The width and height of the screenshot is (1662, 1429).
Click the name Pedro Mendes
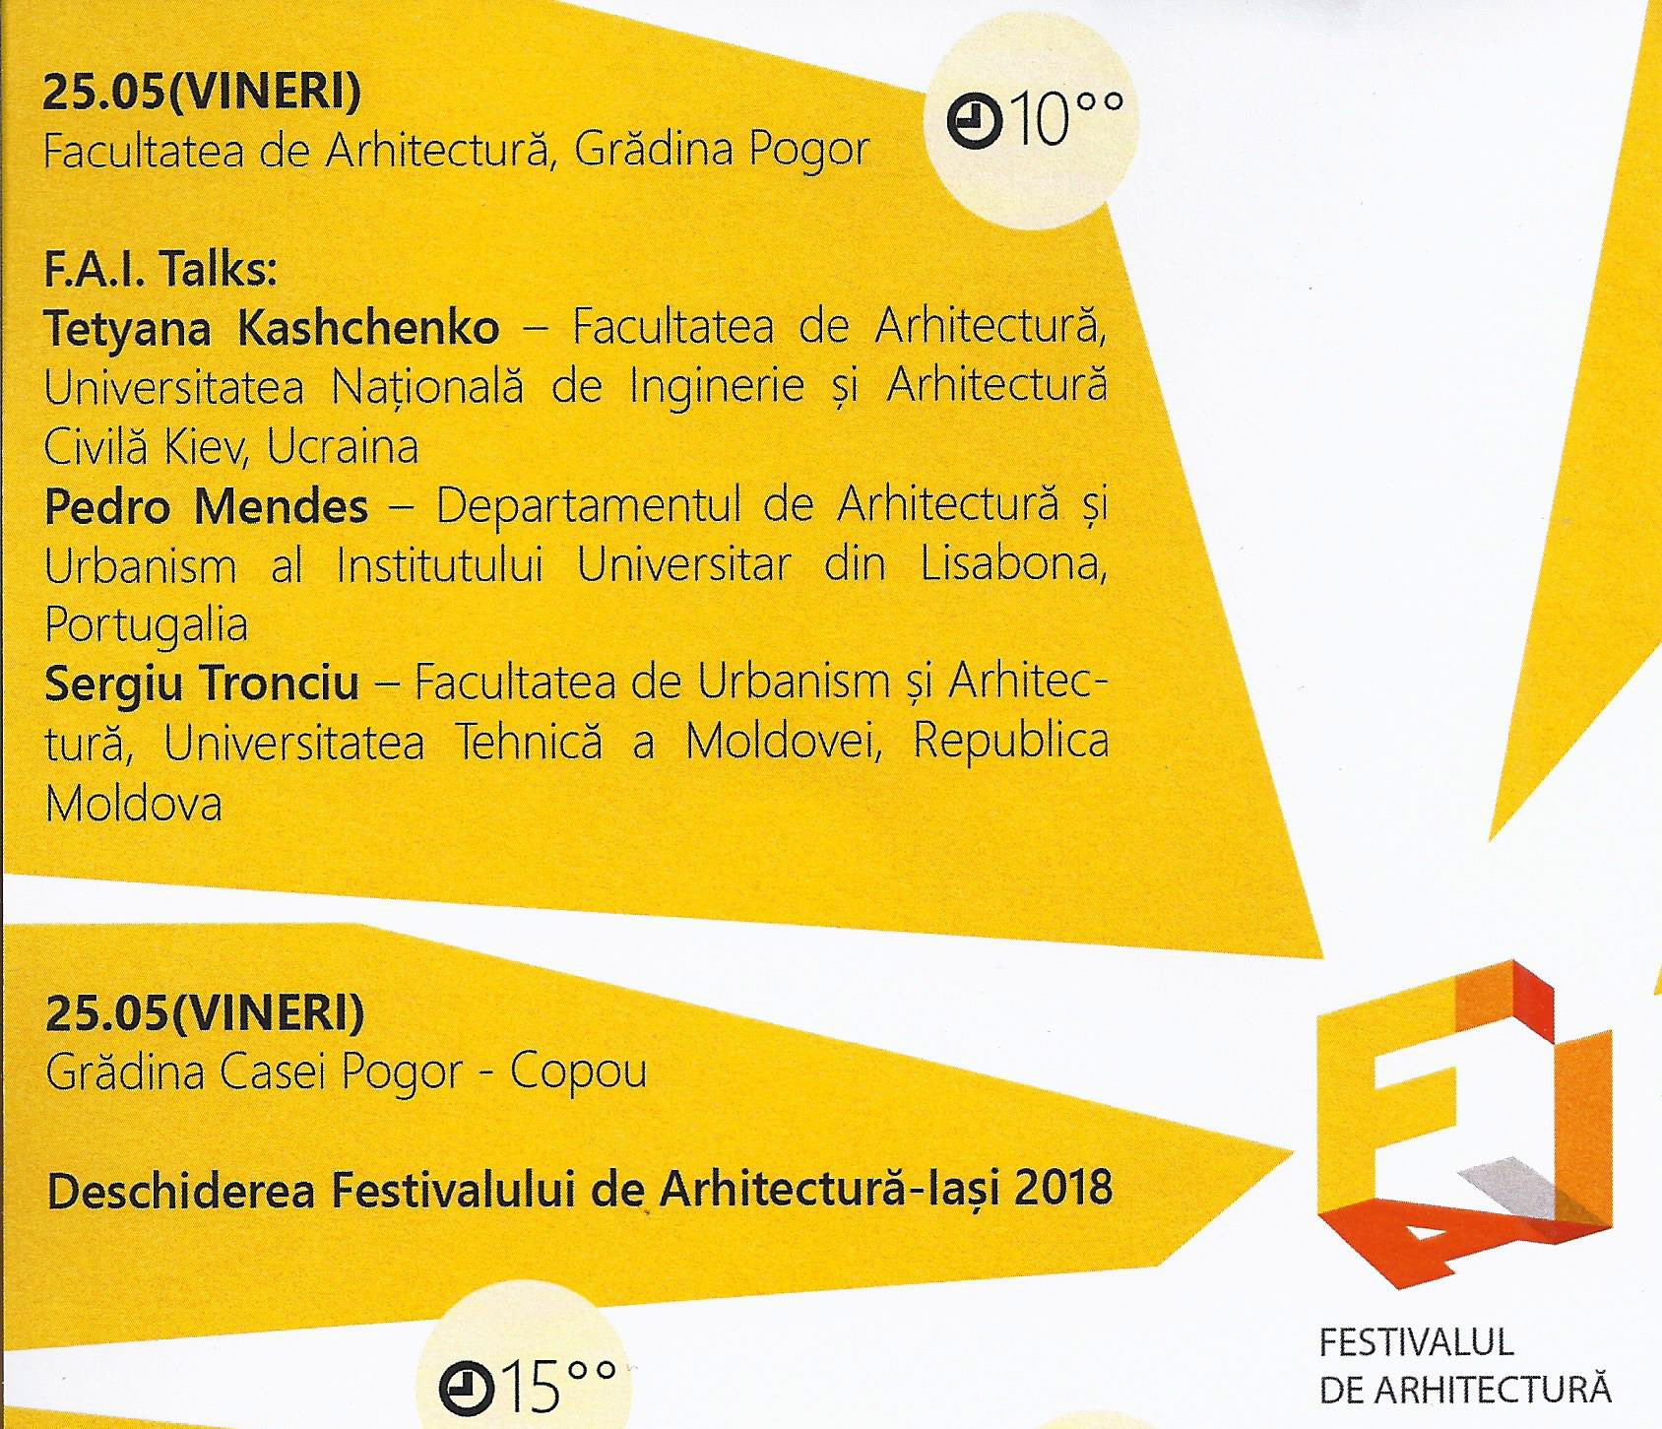[206, 507]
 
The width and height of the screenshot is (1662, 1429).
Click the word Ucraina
[343, 448]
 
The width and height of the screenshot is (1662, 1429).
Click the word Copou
[578, 1072]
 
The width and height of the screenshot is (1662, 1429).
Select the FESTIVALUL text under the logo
[1402, 1342]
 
